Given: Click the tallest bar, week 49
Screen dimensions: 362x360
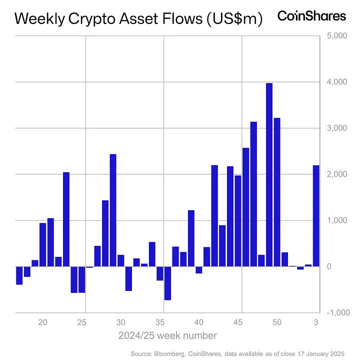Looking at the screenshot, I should point(269,175).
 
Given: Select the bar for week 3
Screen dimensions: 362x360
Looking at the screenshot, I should point(316,216).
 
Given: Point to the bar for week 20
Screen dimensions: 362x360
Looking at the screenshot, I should point(43,245).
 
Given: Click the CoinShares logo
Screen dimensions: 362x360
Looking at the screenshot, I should point(311,16).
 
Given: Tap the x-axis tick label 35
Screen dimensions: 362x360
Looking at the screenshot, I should point(160,322).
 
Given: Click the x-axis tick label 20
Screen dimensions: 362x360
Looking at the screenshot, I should point(43,322).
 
